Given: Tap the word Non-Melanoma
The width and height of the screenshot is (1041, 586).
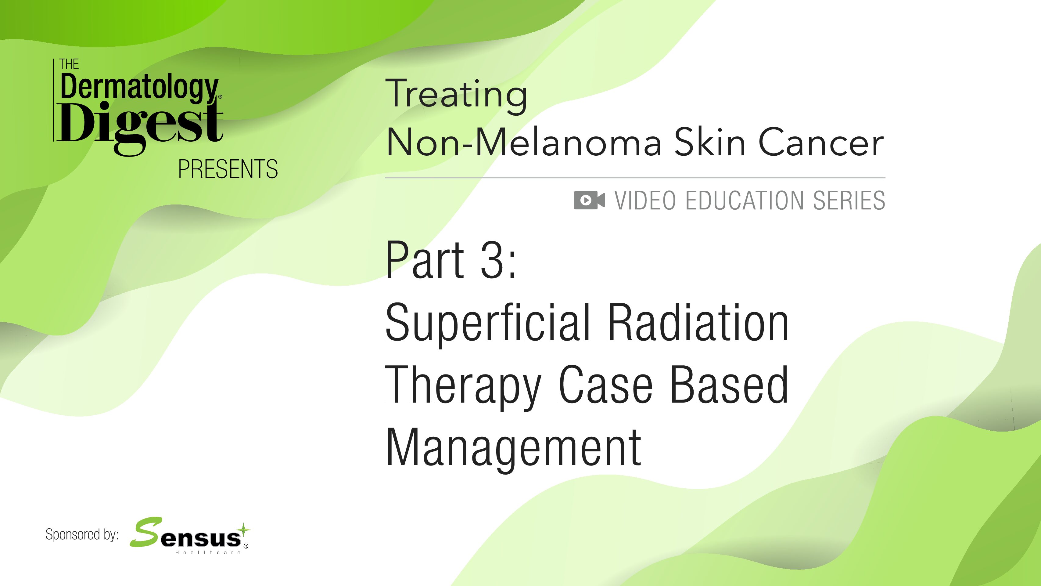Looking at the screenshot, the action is (524, 142).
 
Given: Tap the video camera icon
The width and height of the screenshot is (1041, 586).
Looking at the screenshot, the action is (590, 200).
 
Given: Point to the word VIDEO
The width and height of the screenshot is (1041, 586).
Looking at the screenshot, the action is (645, 201).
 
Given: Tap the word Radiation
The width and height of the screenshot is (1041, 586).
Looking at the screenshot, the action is (698, 322).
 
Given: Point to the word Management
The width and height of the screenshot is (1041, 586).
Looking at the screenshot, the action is (514, 449).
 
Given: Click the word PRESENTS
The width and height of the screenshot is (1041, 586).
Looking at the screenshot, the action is (228, 169).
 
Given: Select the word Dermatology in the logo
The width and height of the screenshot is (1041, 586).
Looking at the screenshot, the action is (139, 87).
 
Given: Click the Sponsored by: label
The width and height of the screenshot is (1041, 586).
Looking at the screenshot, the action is (82, 535).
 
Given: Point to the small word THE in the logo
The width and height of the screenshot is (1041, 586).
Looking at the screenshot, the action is (69, 64).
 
